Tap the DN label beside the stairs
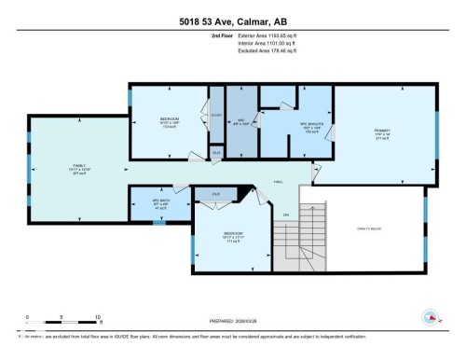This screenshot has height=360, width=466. tap(287, 215)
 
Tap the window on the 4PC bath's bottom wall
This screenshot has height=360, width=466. tap(158, 223)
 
